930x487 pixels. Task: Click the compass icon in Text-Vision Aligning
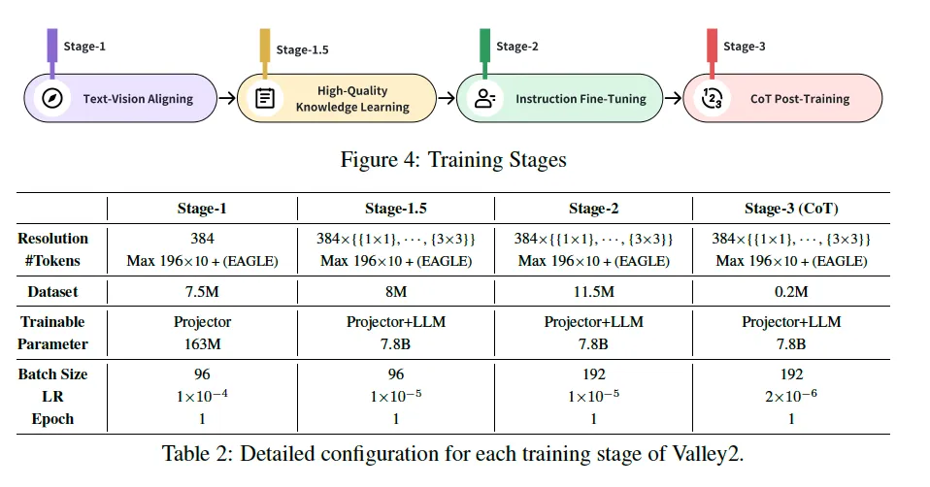52,98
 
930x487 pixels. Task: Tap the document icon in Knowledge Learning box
263,98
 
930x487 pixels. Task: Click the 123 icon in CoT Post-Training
712,98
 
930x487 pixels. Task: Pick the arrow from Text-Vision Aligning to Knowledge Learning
226,98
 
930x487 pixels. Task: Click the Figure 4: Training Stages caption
453,159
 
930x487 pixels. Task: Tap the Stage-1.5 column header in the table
396,209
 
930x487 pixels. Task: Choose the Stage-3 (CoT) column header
791,209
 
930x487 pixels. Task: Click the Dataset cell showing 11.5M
593,290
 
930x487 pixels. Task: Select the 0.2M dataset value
791,290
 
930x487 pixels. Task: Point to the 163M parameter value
203,343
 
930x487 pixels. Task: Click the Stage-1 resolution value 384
203,238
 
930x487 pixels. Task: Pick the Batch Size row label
52,374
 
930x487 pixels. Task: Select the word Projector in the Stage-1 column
203,321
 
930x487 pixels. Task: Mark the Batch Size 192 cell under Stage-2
593,374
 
